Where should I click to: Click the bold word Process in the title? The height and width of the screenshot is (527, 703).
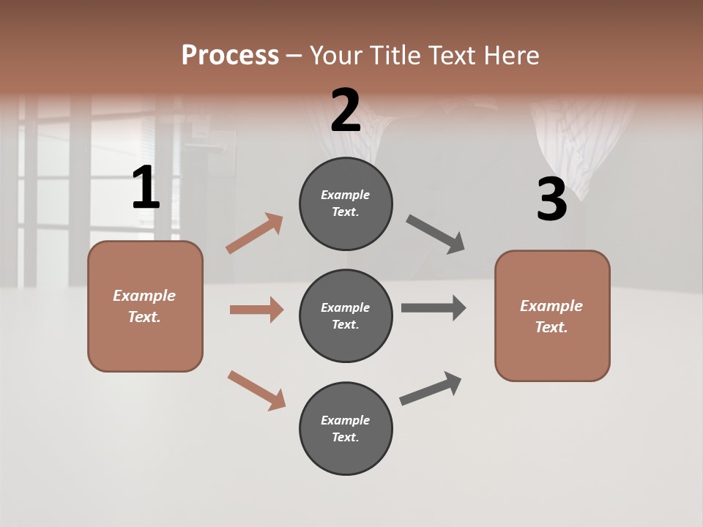(x=230, y=56)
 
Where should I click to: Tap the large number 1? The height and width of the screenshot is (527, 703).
(x=146, y=188)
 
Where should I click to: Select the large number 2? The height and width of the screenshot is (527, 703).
(x=346, y=110)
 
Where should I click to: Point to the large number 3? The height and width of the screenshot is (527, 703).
(x=551, y=199)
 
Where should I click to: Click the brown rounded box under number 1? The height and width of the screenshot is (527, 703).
(x=145, y=306)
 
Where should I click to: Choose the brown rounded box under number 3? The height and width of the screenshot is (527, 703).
(x=552, y=315)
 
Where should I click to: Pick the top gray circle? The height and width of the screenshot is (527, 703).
(x=346, y=203)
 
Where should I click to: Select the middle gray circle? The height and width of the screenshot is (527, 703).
(x=346, y=315)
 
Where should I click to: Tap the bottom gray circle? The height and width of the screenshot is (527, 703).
(x=346, y=428)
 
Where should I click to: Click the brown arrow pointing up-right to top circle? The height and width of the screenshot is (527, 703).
(x=255, y=233)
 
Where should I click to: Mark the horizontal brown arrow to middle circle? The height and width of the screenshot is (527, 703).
(x=256, y=310)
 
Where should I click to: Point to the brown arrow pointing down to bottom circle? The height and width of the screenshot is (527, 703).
(x=256, y=390)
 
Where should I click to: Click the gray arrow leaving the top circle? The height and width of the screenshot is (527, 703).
(x=436, y=234)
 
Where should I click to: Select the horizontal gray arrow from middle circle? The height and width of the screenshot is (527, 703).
(x=434, y=307)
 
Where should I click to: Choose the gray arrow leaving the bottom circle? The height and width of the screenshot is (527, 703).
(x=431, y=388)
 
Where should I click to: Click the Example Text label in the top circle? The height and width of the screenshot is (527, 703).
(x=346, y=203)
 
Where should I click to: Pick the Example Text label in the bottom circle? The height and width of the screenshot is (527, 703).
(x=346, y=428)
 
